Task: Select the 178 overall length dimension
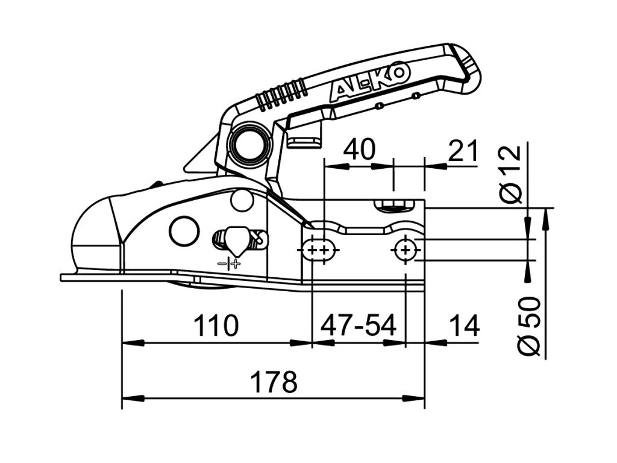point(274,382)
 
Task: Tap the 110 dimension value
point(216,326)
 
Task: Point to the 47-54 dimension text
point(359,326)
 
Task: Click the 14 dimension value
point(464,326)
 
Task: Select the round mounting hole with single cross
point(406,250)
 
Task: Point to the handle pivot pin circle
point(248,145)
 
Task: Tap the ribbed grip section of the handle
point(280,94)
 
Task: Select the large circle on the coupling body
point(184,230)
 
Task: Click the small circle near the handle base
point(242,200)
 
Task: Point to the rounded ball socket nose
point(90,241)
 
